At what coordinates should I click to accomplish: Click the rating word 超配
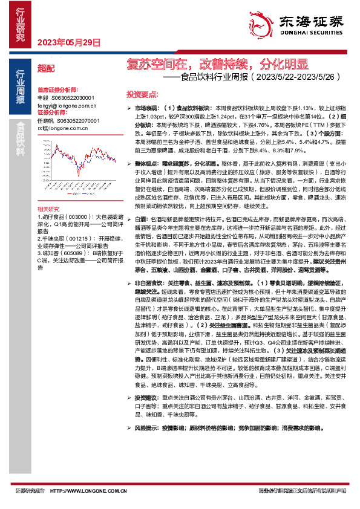coord(45,68)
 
